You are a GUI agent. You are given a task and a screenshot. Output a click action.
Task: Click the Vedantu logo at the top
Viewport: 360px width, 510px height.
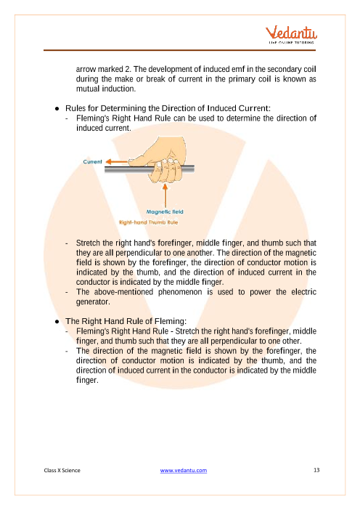[x=291, y=34]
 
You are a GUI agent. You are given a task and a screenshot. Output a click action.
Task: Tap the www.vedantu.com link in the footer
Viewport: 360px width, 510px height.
[x=183, y=470]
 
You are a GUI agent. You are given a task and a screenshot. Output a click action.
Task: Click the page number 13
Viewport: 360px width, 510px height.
[x=316, y=470]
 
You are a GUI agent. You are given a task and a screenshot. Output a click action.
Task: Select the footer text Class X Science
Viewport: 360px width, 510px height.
[x=62, y=470]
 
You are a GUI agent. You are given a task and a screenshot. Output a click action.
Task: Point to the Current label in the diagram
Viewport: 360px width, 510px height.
[x=92, y=162]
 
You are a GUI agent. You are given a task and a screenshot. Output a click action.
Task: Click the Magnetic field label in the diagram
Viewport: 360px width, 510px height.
[x=165, y=211]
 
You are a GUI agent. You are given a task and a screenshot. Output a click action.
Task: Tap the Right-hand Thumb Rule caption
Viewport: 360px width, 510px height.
[x=149, y=222]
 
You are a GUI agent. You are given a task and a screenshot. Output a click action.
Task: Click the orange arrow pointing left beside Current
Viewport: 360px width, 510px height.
[x=117, y=162]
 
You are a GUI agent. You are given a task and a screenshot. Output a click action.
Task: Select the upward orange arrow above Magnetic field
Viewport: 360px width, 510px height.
[x=165, y=195]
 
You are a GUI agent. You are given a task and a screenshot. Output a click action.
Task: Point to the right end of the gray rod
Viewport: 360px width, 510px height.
[x=194, y=169]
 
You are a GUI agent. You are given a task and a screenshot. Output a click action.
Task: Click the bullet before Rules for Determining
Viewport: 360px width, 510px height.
[x=57, y=109]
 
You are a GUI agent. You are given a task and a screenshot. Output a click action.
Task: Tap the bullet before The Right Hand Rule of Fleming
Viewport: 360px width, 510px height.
[x=57, y=322]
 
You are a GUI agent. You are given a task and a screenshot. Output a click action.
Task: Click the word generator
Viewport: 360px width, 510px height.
[x=93, y=301]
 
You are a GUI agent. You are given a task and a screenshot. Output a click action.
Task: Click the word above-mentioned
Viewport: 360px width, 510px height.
[x=124, y=292]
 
